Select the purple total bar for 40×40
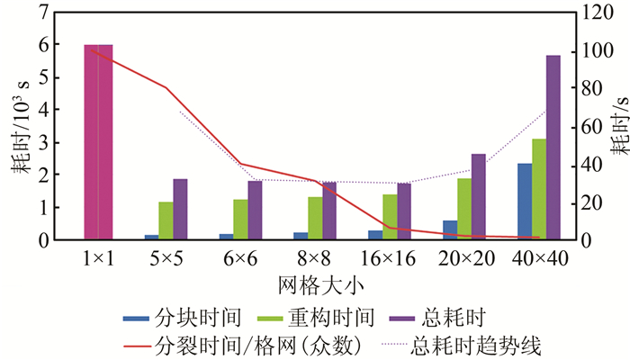point(553,148)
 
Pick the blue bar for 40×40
point(525,202)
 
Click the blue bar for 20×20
point(450,229)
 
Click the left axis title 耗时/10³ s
point(20,127)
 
